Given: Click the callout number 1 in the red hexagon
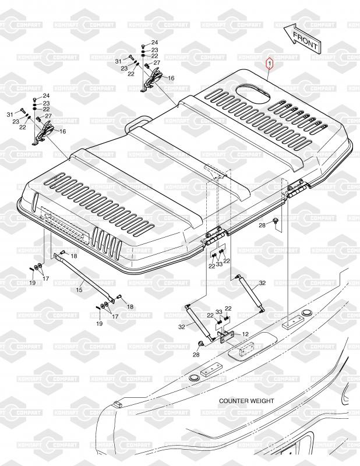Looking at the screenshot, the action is point(270,64).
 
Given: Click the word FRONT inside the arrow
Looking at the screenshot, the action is point(305,40).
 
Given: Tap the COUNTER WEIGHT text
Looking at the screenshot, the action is point(246,401).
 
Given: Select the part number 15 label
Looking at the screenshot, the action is point(79,290).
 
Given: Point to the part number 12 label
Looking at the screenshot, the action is point(245,334).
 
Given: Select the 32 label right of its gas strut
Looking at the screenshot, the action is point(262,283).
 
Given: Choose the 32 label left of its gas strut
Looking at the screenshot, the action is point(182,327).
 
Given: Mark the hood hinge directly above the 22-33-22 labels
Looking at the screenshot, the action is point(214,236).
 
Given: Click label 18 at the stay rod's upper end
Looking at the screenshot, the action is point(74,256).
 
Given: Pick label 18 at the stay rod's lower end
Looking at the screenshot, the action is point(130,307).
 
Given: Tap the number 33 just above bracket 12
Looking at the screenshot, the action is point(219,312).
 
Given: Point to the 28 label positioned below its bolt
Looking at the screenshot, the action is point(196,355).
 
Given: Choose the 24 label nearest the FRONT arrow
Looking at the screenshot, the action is point(154,43).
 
